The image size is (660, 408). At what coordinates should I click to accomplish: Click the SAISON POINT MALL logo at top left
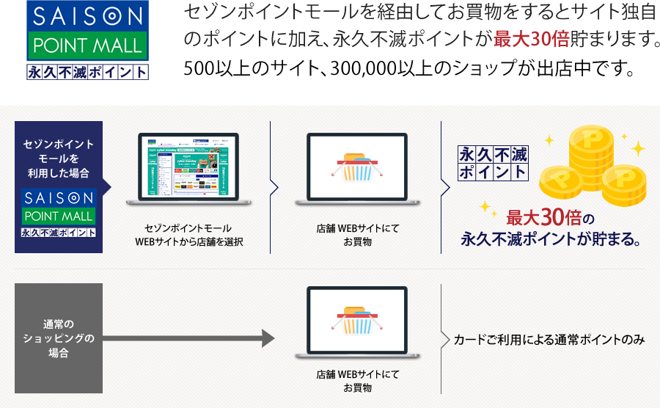click(87, 40)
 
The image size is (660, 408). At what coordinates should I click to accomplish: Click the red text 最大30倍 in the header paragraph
click(532, 39)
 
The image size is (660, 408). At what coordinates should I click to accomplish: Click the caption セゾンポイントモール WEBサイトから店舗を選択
click(188, 235)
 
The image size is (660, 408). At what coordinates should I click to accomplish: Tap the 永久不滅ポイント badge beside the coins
click(493, 163)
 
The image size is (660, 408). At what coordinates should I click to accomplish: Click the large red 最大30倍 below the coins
click(545, 218)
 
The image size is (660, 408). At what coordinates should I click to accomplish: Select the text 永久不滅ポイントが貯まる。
click(552, 239)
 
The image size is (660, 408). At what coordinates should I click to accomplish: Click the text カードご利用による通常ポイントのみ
click(549, 339)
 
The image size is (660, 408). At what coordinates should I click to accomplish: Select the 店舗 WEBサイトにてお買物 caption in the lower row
click(358, 381)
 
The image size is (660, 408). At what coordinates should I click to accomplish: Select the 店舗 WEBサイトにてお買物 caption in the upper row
click(358, 235)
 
